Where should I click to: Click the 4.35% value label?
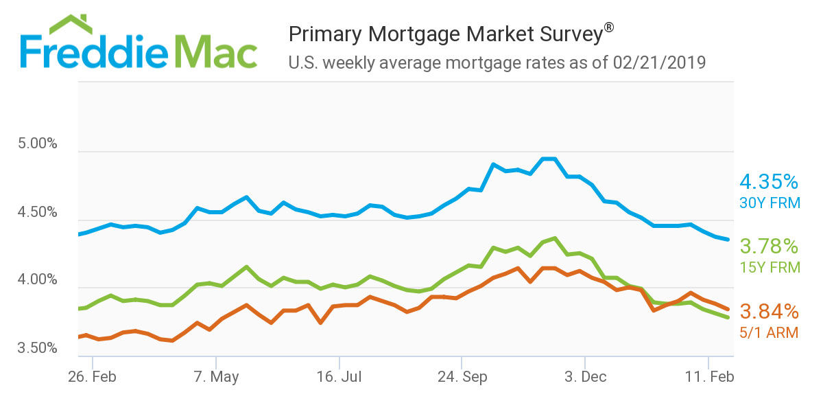point(769,182)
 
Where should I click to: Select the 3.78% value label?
point(769,246)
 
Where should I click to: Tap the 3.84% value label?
point(769,312)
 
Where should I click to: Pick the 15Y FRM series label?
point(769,266)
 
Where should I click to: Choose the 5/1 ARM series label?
point(769,333)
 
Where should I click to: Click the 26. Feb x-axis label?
point(92,377)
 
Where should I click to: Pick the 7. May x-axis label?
point(216,377)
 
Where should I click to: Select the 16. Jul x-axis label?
point(339,377)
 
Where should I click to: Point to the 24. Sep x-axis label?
point(462,377)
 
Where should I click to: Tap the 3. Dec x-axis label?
point(585,377)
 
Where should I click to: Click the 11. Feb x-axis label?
point(709,377)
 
